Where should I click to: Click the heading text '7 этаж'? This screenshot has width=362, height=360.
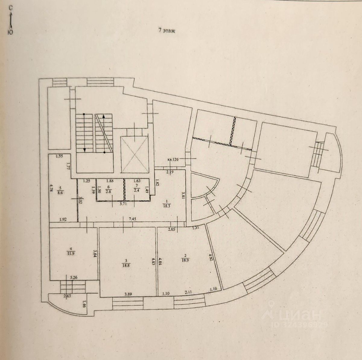(x=167, y=30)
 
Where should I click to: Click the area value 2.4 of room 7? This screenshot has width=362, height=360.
(x=137, y=190)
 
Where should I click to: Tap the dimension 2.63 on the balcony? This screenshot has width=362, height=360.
(x=67, y=296)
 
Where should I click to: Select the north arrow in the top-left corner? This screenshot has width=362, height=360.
(x=10, y=20)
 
